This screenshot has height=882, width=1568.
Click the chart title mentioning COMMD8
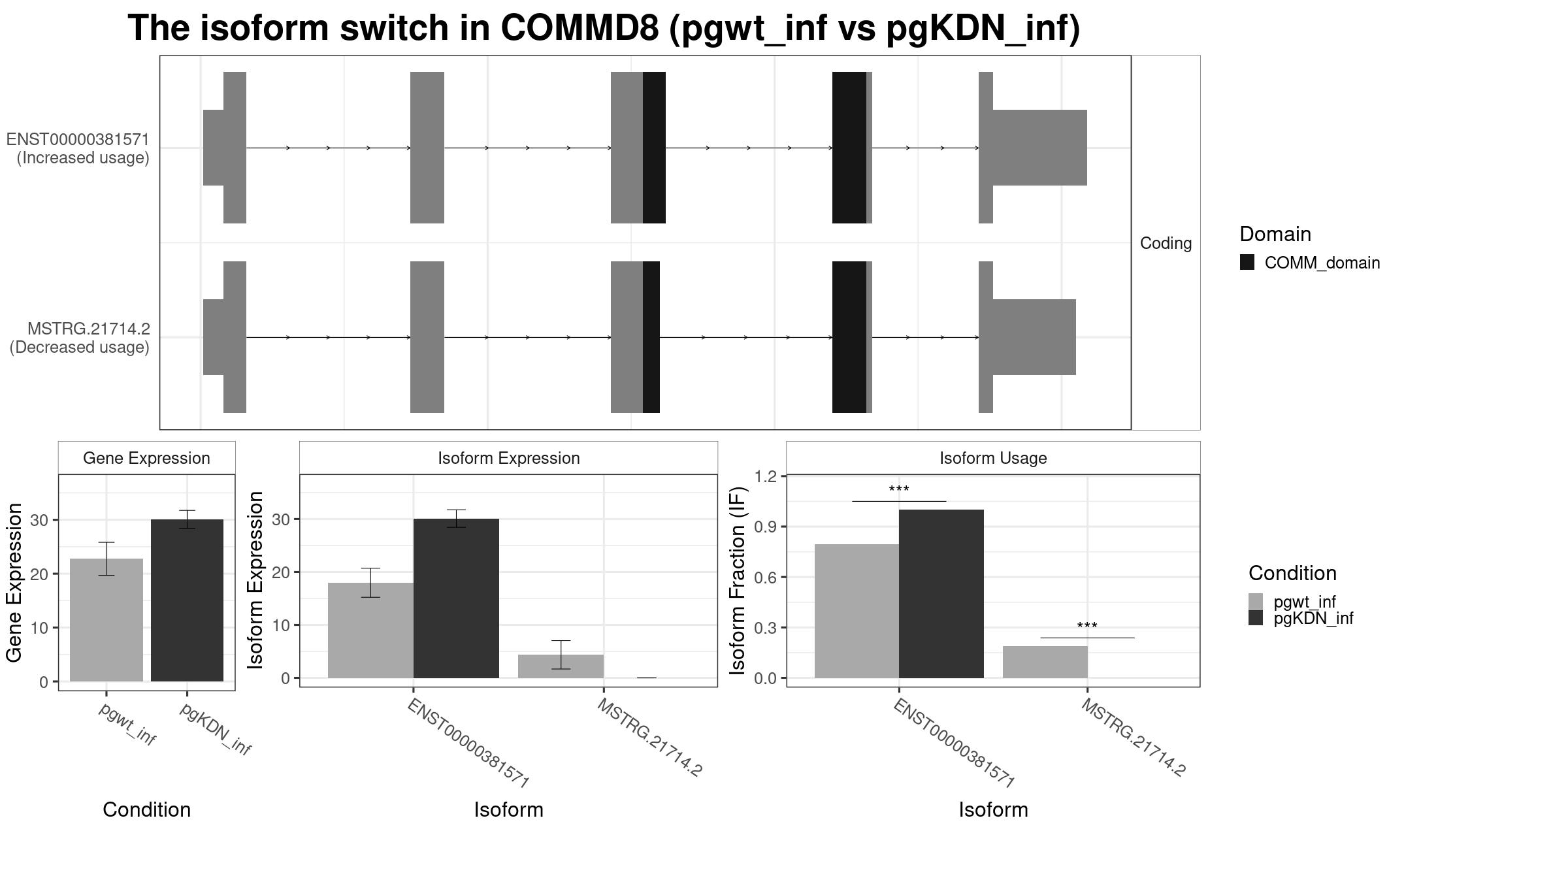(604, 29)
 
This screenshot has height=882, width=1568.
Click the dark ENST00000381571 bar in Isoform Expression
(456, 598)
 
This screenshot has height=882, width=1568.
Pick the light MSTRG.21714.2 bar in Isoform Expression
(561, 666)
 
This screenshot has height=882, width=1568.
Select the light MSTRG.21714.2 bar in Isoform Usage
(1045, 662)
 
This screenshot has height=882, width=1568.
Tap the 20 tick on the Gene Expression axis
(39, 574)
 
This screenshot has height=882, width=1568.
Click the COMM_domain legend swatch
(1247, 263)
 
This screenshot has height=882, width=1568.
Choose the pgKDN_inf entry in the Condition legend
(1313, 618)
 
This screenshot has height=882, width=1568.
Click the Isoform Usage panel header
(993, 458)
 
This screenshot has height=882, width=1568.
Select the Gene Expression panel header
(146, 458)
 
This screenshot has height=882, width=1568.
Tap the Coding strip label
(1166, 243)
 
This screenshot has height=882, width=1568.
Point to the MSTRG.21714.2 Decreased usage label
(80, 338)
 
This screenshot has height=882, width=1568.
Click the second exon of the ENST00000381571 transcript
(427, 148)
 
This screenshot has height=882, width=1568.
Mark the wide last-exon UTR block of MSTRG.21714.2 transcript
(1034, 337)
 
